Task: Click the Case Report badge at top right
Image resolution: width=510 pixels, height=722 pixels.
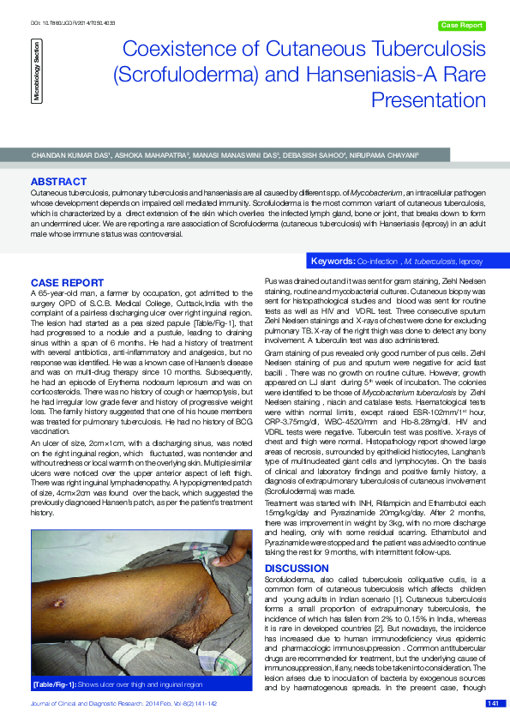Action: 461,26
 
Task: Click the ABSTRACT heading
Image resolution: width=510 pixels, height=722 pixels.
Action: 58,182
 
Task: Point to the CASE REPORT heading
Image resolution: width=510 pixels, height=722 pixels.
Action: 67,282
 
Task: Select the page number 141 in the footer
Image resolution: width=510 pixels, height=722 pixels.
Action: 493,703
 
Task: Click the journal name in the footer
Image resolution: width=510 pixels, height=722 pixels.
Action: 125,703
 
